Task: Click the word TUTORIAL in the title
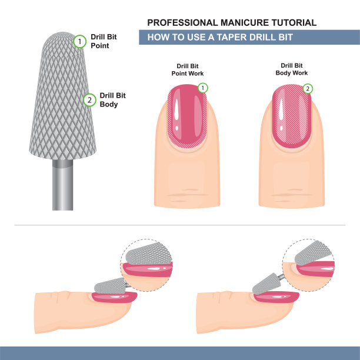[294, 23]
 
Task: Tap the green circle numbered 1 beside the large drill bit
[79, 42]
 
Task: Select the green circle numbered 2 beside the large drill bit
[89, 100]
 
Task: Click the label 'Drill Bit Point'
[104, 41]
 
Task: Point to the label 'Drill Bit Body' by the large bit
[112, 100]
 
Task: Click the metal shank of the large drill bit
[63, 185]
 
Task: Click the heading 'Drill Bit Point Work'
[188, 70]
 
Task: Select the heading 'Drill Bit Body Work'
[292, 69]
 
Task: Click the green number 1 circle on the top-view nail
[202, 88]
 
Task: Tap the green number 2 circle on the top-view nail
[308, 89]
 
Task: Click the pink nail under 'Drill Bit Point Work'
[187, 116]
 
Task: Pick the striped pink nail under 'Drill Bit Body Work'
[292, 116]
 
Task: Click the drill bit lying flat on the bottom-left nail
[110, 286]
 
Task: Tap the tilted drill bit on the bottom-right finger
[266, 284]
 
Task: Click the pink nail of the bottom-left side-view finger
[114, 297]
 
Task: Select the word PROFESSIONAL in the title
[182, 23]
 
